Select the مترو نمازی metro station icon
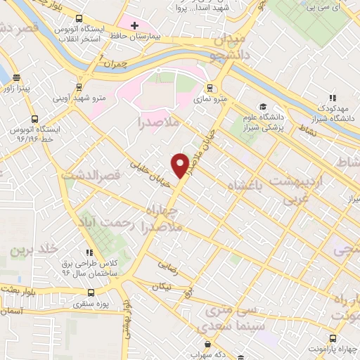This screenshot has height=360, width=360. [209, 89]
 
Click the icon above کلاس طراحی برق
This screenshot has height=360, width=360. [89, 252]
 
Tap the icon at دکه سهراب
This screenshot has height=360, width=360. [207, 345]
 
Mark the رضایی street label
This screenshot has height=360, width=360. [167, 266]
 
